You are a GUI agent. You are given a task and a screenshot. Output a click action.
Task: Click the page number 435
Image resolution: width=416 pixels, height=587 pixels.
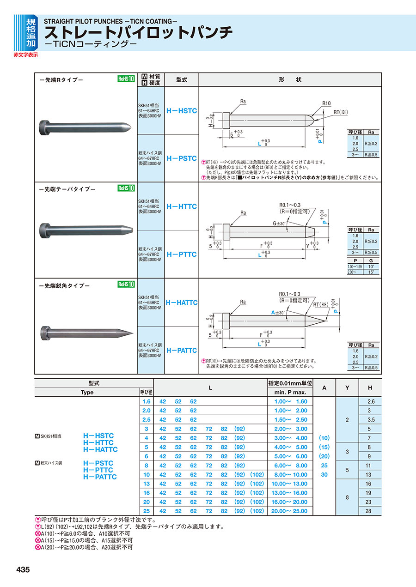tap(23, 570)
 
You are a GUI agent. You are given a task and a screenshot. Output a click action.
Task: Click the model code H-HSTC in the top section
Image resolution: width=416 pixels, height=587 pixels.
tap(182, 111)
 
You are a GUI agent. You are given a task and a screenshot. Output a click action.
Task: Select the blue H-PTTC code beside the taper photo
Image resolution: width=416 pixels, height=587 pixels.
tap(182, 254)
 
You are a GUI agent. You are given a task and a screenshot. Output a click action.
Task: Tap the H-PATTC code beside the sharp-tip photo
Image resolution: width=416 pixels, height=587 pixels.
tap(182, 350)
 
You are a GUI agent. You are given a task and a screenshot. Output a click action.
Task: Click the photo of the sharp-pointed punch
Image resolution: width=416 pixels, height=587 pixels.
tap(86, 332)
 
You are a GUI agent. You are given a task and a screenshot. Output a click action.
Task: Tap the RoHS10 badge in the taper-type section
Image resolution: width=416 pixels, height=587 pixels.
tap(126, 188)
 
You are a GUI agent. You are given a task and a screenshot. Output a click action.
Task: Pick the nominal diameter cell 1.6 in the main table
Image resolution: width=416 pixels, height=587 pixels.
tap(147, 401)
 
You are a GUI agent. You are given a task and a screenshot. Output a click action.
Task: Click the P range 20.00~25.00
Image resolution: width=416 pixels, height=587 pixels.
tap(290, 511)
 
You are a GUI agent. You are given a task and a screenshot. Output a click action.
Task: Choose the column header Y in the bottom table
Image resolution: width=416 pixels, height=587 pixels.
tap(347, 388)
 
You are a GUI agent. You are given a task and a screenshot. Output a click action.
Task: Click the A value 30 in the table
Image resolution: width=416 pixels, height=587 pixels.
tap(324, 474)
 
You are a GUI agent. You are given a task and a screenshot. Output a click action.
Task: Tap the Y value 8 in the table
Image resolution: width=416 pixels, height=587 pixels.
tap(347, 497)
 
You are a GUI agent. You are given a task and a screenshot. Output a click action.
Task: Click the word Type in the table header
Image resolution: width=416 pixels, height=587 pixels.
tap(87, 392)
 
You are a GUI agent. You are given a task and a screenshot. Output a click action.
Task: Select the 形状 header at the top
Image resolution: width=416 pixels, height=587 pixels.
tap(290, 79)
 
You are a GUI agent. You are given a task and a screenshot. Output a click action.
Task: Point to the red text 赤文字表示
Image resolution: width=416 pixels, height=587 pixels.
tap(26, 54)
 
